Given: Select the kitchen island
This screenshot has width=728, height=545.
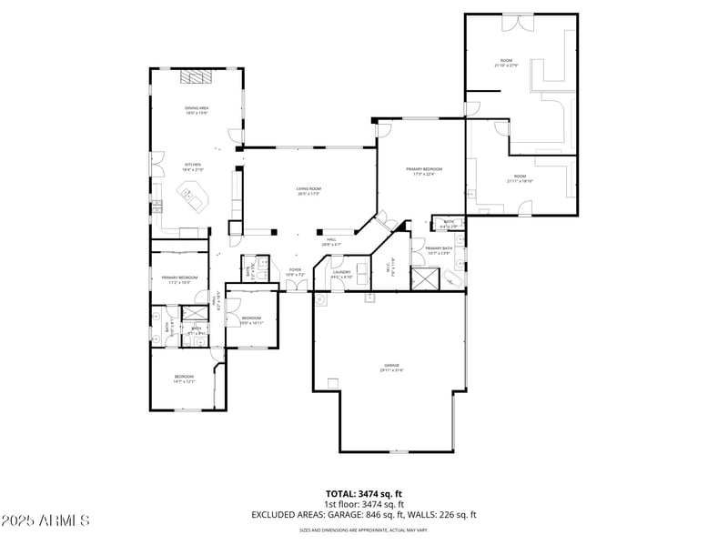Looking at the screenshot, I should (x=193, y=195).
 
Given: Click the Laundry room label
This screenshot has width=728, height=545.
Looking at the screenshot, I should (x=341, y=274).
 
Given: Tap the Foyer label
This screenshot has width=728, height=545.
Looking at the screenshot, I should (x=295, y=271).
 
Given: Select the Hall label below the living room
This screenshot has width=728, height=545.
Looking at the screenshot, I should (x=331, y=242).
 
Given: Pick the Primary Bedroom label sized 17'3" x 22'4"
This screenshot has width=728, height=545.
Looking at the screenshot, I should (x=424, y=171).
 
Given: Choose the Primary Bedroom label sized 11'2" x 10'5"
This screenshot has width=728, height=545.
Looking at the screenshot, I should (x=179, y=279).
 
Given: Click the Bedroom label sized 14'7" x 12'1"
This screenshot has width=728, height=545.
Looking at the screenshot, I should (x=184, y=378).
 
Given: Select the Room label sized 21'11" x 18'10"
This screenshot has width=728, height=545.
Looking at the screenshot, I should (x=519, y=178).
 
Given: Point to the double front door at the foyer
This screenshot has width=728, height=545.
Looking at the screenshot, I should (x=296, y=287).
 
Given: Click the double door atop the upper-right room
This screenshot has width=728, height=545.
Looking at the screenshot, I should (x=519, y=16).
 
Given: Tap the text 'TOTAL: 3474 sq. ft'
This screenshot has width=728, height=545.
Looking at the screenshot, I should (x=364, y=493).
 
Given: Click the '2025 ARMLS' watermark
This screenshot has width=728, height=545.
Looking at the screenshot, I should (x=45, y=520).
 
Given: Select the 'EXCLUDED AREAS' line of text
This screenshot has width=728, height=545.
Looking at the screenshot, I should (x=364, y=515).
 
